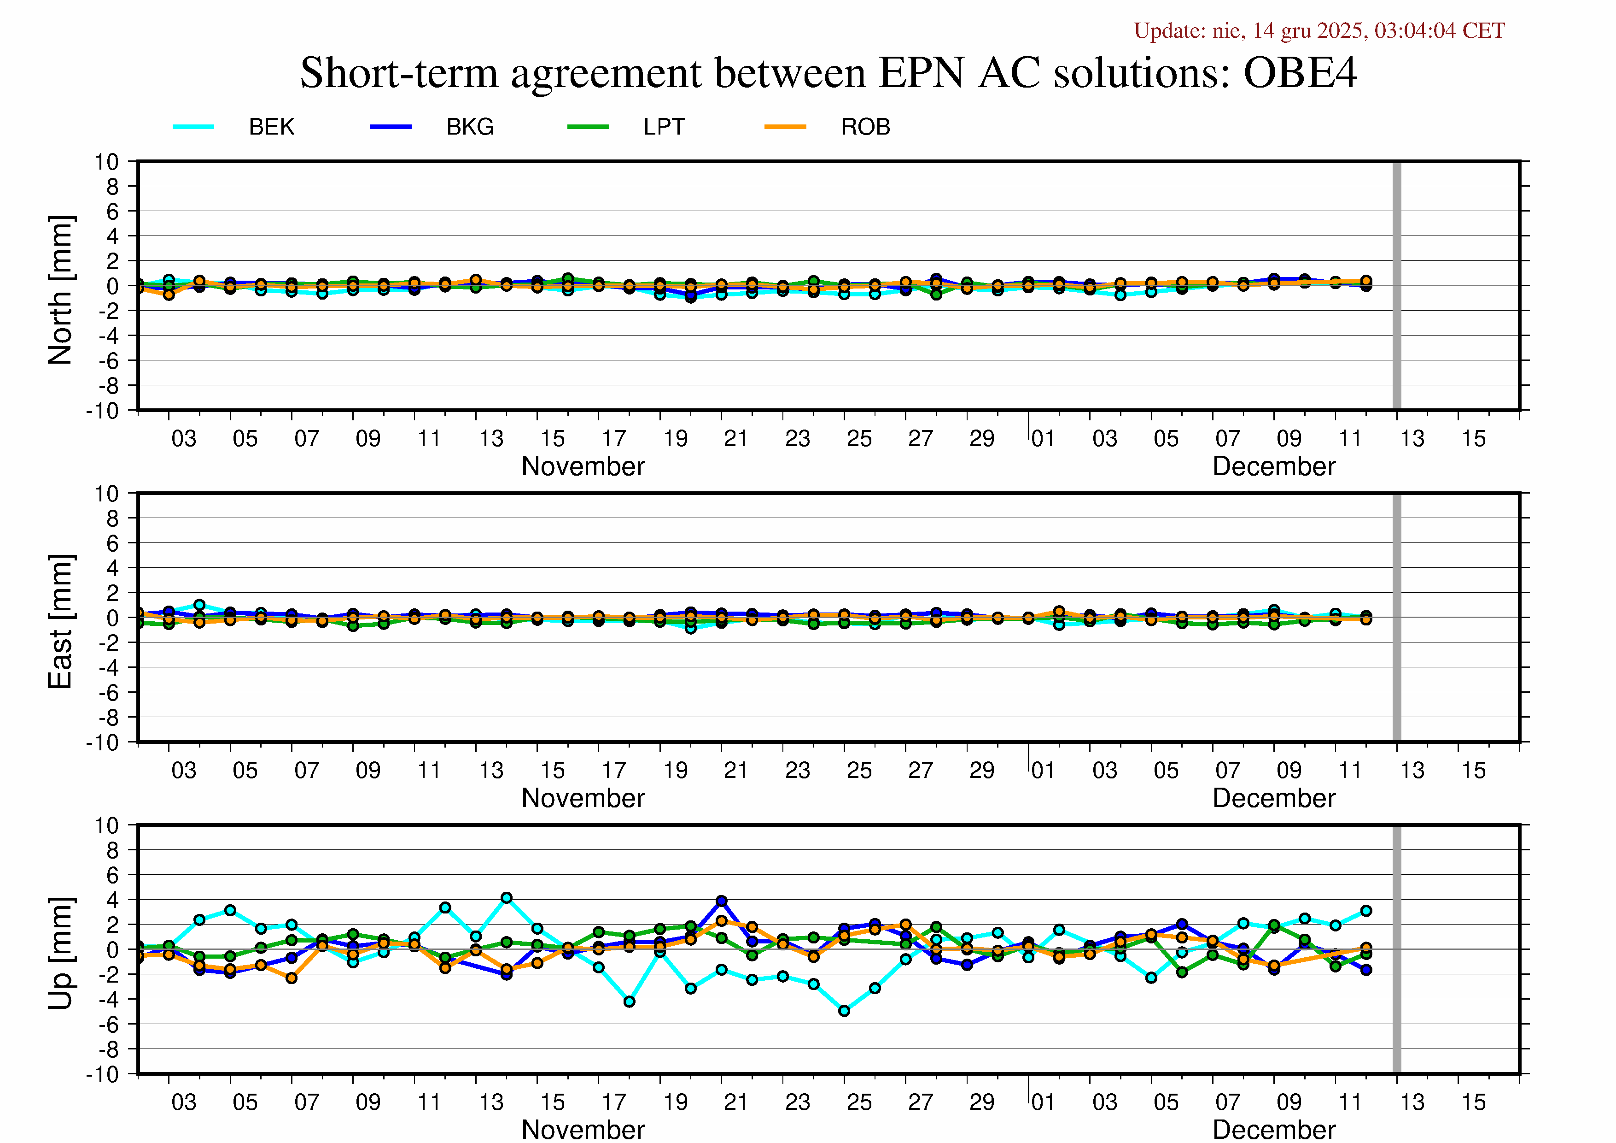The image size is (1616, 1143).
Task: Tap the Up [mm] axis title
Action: [60, 952]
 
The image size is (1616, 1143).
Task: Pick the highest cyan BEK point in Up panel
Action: [506, 898]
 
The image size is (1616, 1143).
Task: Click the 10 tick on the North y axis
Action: [106, 162]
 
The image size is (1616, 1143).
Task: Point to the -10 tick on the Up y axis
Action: [103, 1074]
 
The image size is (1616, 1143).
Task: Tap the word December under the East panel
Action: [1273, 798]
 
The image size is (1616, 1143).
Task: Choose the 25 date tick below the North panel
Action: [859, 439]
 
